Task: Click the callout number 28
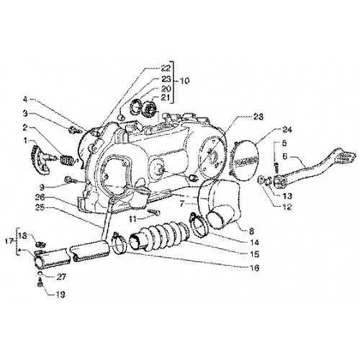(258, 117)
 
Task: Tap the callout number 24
(287, 130)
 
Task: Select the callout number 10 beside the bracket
(184, 81)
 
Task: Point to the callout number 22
(166, 68)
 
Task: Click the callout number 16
(254, 268)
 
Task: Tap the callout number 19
(60, 294)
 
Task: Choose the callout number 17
(9, 242)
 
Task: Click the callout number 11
(132, 219)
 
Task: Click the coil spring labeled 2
(67, 160)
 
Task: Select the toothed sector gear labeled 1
(41, 160)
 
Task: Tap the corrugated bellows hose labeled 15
(159, 237)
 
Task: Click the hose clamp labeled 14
(198, 225)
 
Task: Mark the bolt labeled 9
(71, 179)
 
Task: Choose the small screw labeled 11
(153, 212)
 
